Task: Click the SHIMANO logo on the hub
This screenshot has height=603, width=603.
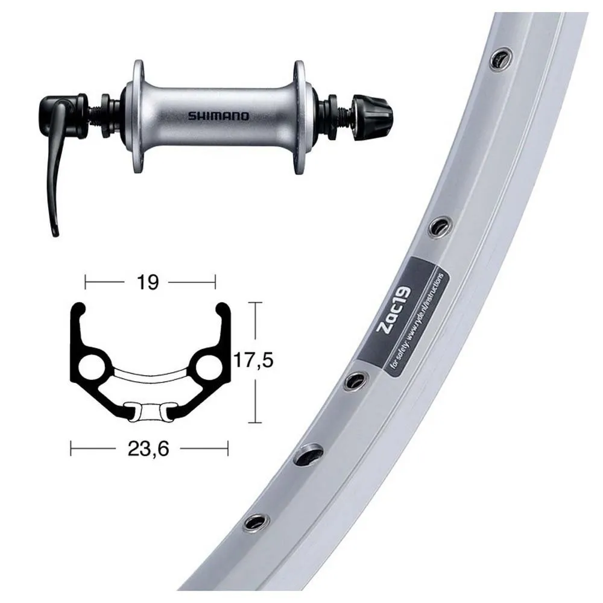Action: click(218, 116)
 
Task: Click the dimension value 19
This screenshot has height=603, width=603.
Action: click(148, 283)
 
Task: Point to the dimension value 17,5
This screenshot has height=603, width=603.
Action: click(254, 361)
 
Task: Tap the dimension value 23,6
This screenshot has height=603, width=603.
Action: click(148, 449)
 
